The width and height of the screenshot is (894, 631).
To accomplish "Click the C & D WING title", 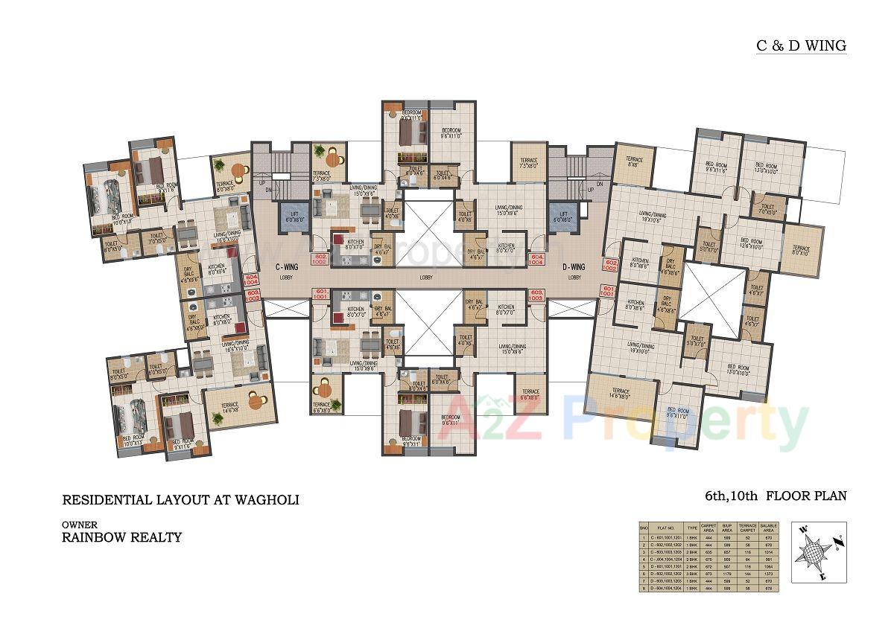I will (801, 45).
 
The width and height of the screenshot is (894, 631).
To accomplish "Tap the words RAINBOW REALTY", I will (122, 536).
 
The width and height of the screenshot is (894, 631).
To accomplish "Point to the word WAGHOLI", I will (264, 500).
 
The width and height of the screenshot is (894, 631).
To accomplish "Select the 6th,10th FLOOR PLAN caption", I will (776, 496).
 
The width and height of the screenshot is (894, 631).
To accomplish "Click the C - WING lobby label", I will (288, 266).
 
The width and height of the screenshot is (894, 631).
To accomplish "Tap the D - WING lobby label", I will (574, 266).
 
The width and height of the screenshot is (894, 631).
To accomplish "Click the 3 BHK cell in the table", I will (692, 574).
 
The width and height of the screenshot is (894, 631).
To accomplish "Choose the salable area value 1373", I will (769, 574).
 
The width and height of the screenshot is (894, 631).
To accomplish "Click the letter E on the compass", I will (822, 577).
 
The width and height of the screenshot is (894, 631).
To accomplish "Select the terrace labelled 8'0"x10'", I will (802, 251).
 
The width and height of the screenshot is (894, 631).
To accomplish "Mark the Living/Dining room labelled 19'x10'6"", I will (652, 217).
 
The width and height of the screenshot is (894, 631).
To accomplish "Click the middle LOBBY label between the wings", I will (425, 277).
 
